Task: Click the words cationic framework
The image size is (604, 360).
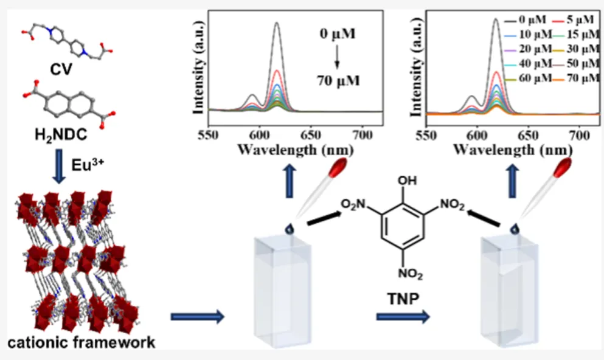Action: coord(81,342)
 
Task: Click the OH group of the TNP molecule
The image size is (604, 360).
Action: coord(403,181)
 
